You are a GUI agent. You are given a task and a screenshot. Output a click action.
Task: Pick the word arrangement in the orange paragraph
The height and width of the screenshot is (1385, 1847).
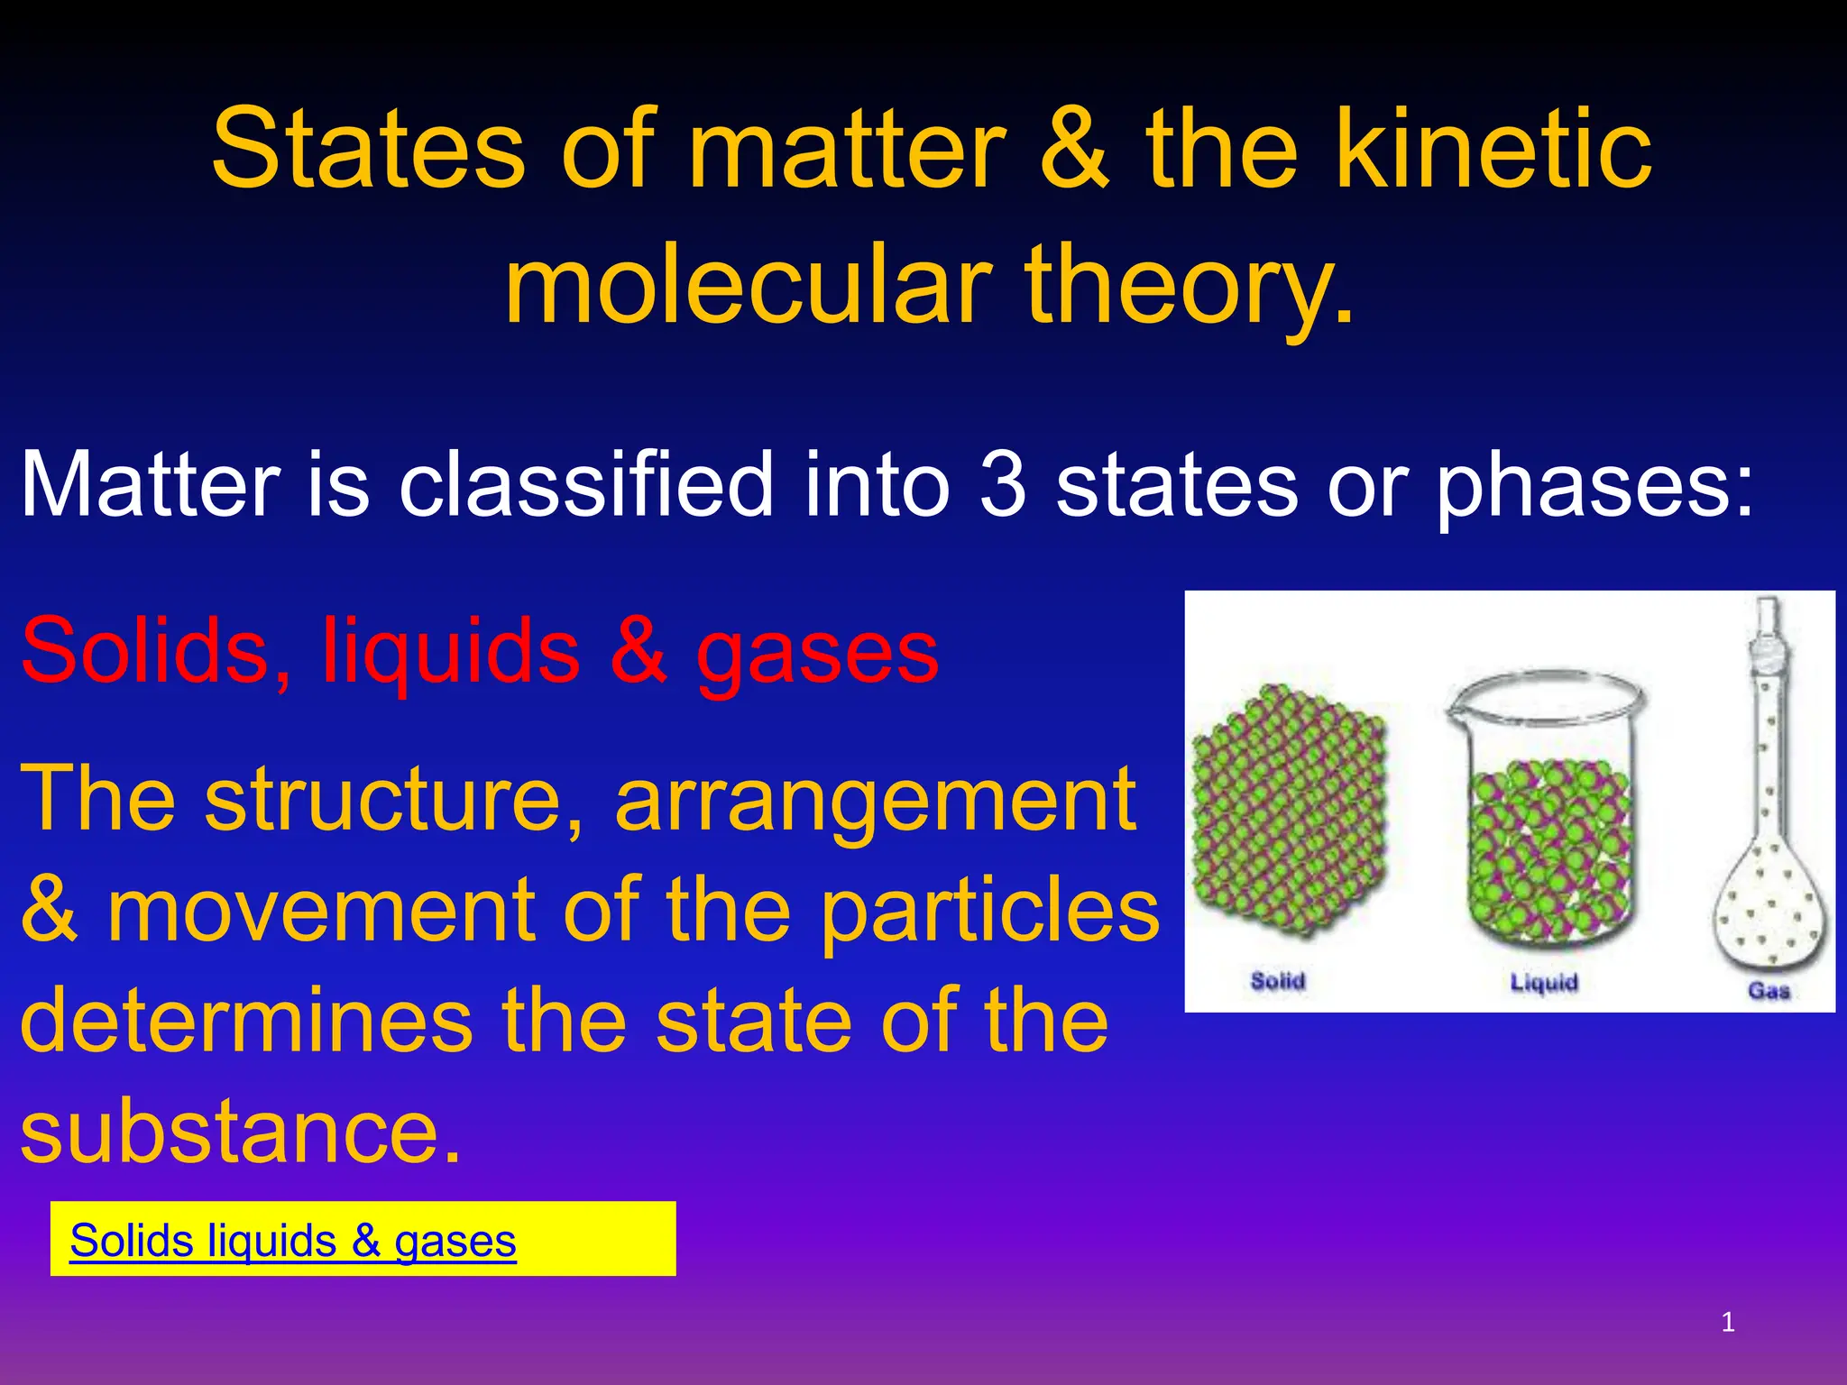(x=875, y=800)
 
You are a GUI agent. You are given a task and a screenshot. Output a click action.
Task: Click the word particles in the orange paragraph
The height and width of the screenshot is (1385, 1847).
(x=990, y=911)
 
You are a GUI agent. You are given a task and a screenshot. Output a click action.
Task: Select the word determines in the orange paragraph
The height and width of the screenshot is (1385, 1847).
(x=245, y=1021)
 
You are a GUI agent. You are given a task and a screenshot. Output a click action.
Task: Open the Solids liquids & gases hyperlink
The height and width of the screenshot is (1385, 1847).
(x=293, y=1241)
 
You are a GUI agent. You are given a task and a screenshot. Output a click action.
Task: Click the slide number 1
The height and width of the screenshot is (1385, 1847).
(x=1728, y=1322)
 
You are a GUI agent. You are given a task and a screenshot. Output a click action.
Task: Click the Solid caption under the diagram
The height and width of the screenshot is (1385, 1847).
(x=1278, y=980)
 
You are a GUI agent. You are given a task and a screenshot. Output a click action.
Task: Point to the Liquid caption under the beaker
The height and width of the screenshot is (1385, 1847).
(x=1544, y=982)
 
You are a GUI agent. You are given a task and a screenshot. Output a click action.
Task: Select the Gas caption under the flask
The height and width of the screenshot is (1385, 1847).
(x=1769, y=990)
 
